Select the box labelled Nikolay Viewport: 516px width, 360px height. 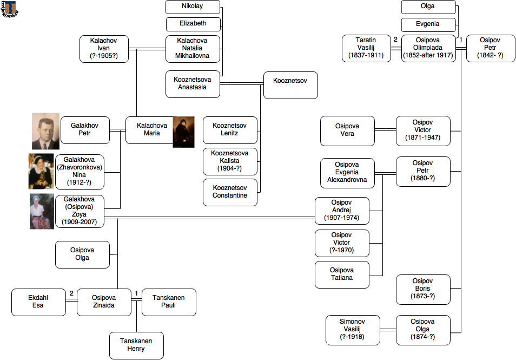193,7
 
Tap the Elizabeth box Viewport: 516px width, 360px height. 193,24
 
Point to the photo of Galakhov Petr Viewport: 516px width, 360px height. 45,131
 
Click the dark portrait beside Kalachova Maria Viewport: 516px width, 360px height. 183,132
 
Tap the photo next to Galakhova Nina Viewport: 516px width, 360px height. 41,171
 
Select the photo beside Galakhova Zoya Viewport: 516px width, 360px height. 42,211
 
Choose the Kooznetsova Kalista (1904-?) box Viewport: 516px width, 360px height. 230,161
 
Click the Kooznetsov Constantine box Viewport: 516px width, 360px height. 230,192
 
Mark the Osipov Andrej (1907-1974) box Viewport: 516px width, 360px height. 342,211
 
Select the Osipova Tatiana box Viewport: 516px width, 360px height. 342,274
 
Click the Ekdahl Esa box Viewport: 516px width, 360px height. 38,302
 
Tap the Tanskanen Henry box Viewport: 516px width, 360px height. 136,345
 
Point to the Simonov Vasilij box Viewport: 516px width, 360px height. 353,330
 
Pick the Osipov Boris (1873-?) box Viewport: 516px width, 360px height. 423,290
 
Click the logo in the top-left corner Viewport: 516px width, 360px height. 10,9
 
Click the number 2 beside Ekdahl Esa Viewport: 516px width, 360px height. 71,294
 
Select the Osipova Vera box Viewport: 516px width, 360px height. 347,130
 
